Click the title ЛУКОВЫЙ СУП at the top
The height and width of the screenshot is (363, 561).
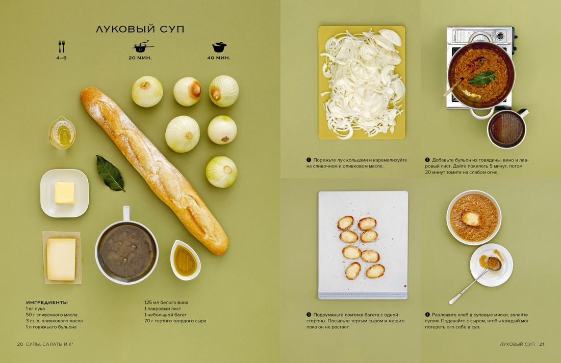tap(140, 30)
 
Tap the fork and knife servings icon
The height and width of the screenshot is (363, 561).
tap(62, 47)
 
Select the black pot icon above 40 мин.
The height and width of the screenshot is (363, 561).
tap(219, 47)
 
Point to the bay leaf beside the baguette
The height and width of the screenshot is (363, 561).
tap(110, 173)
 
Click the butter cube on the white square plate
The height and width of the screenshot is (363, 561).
tap(65, 193)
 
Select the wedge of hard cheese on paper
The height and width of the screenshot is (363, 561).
tap(61, 259)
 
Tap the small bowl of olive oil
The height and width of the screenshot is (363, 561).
tap(185, 260)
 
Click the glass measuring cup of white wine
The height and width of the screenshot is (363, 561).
tap(62, 133)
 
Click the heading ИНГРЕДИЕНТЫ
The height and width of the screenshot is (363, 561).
tap(47, 302)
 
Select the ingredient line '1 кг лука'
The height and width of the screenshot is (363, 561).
tap(36, 309)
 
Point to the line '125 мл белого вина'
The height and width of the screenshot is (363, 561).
tap(166, 302)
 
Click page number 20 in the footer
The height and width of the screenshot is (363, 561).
tap(20, 344)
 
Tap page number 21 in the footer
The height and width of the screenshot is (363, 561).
tap(541, 344)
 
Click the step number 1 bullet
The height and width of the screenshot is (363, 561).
tap(309, 160)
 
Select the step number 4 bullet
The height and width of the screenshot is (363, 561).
tap(427, 315)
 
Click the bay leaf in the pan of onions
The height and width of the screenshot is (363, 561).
tap(482, 78)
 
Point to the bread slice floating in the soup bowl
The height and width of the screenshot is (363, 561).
tap(472, 218)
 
